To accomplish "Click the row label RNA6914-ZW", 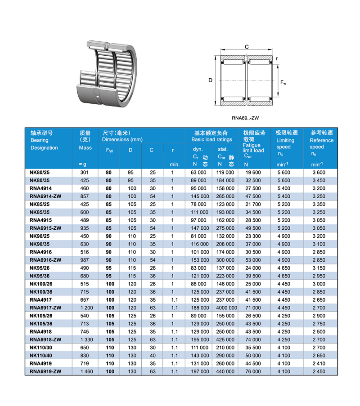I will pos(45,196).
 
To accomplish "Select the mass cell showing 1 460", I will pos(85,371).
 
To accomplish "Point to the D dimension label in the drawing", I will pos(210,80).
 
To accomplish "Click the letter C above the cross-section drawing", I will pos(247,47).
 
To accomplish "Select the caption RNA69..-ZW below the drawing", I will pos(246,118).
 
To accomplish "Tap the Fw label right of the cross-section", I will pos(283,83).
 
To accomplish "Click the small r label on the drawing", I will pos(277,59).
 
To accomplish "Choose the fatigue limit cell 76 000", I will pos(253,371).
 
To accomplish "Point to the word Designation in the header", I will pos(44,148).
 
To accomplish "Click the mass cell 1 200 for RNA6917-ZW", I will pos(85,307).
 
